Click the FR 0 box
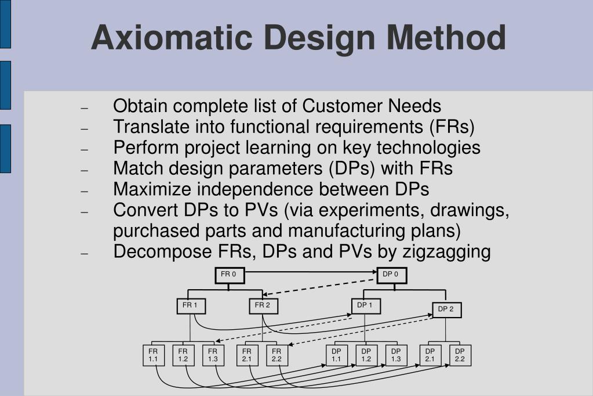[x=230, y=275]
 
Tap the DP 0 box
[x=391, y=275]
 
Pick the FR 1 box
[x=191, y=306]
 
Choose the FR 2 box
[x=263, y=306]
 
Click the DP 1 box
[x=365, y=306]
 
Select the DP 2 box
[x=446, y=310]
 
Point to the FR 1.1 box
[x=153, y=355]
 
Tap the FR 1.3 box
[x=213, y=355]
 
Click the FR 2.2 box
[x=277, y=355]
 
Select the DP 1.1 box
[x=336, y=355]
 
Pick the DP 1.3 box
[x=396, y=355]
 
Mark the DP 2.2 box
[x=460, y=355]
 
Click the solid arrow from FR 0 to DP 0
[x=310, y=271]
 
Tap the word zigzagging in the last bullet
[x=446, y=252]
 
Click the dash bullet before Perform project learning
[x=84, y=149]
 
